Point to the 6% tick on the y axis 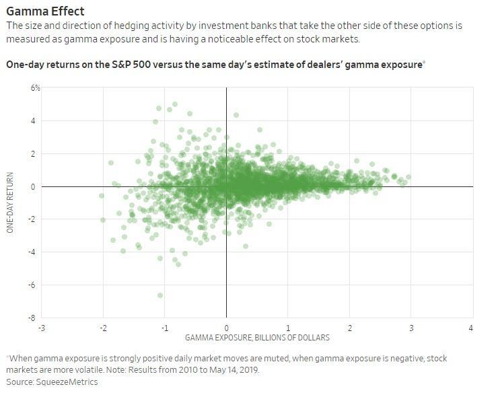[x=34, y=88]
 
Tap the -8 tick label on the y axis [x=35, y=317]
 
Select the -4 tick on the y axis [x=35, y=252]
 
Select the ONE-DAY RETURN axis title [x=11, y=203]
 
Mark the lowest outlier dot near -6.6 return [x=160, y=295]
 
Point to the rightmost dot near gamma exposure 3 [x=408, y=178]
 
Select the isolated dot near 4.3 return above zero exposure [x=236, y=115]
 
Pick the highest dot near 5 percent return [x=175, y=104]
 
